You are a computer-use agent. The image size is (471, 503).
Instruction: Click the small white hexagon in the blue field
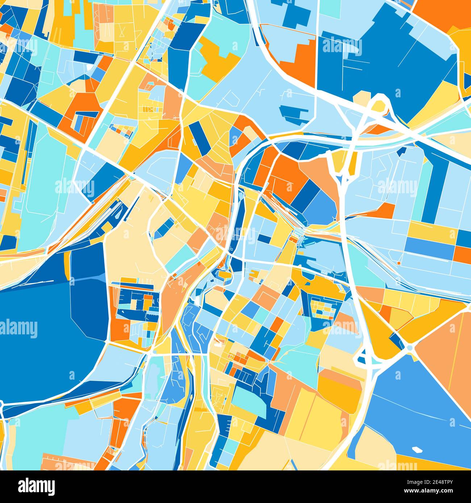(x=417, y=450)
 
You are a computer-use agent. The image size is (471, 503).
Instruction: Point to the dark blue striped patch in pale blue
(x=293, y=114)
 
